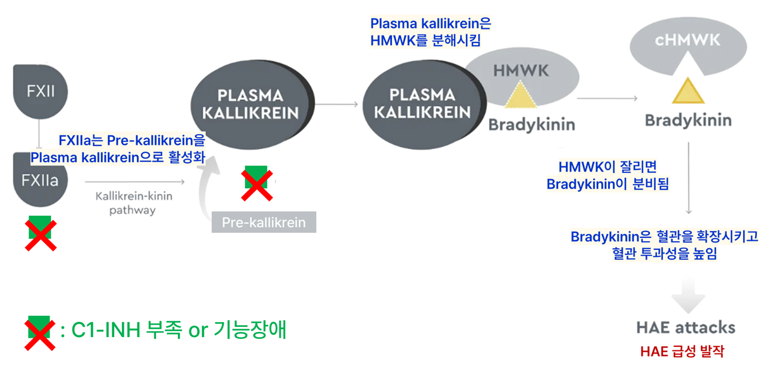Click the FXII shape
pyautogui.click(x=40, y=91)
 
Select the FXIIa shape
pyautogui.click(x=40, y=181)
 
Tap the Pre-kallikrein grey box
pyautogui.click(x=264, y=222)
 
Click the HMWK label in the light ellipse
pyautogui.click(x=521, y=71)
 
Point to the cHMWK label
pyautogui.click(x=688, y=41)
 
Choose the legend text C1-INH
pyautogui.click(x=106, y=330)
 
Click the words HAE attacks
pyautogui.click(x=685, y=328)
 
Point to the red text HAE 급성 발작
pyautogui.click(x=682, y=352)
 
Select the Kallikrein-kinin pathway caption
pyautogui.click(x=133, y=203)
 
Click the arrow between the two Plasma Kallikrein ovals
pyautogui.click(x=337, y=104)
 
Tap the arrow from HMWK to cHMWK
pyautogui.click(x=607, y=99)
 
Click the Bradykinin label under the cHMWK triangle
pyautogui.click(x=688, y=120)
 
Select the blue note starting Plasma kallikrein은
pyautogui.click(x=430, y=32)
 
